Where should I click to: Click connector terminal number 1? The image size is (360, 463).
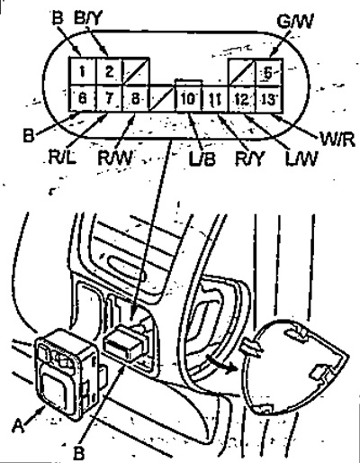click(x=83, y=71)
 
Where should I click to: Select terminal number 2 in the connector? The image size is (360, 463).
click(x=109, y=71)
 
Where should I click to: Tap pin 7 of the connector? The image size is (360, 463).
click(x=109, y=98)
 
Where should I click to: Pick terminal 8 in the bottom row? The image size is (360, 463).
click(x=136, y=98)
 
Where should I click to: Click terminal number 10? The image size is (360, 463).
click(x=188, y=98)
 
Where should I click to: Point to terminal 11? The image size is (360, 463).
click(x=215, y=99)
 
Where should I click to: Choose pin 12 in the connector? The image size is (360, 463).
click(x=242, y=99)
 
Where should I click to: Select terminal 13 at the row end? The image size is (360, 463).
click(x=268, y=99)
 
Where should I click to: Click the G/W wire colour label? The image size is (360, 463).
click(x=295, y=22)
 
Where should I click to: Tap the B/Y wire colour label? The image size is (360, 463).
click(x=88, y=19)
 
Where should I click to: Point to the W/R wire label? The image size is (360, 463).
click(x=337, y=139)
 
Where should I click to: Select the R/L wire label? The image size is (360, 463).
click(x=62, y=157)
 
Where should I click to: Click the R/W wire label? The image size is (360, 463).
click(x=115, y=158)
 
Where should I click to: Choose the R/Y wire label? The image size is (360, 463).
click(x=248, y=159)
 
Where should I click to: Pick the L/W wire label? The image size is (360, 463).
click(x=301, y=159)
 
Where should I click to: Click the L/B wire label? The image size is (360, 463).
click(x=202, y=159)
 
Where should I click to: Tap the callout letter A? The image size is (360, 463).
click(x=18, y=426)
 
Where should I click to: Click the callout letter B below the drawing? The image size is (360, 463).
click(x=78, y=453)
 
